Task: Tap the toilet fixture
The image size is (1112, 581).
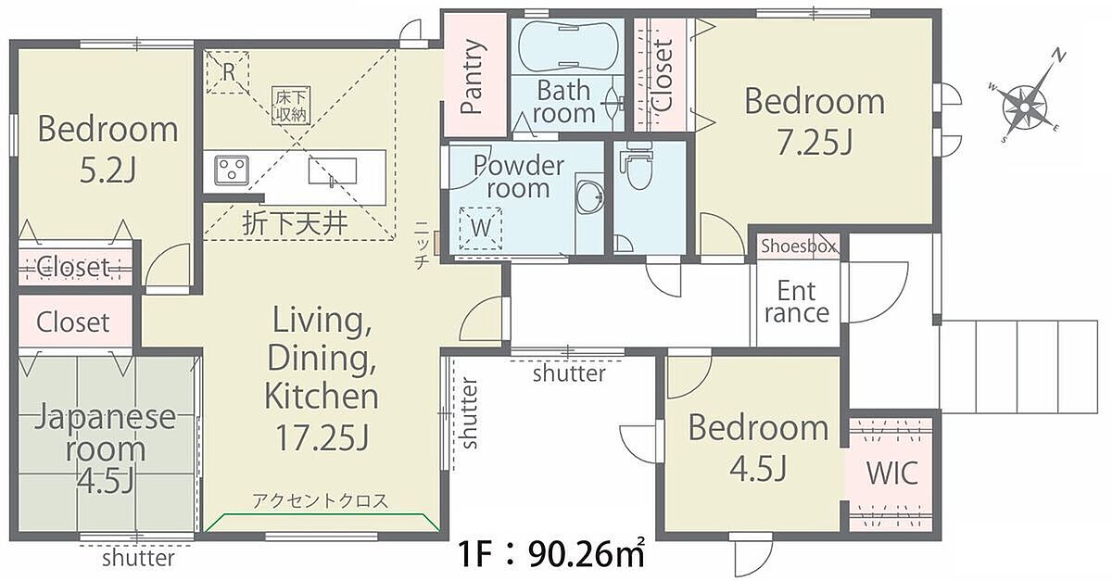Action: pyautogui.click(x=636, y=167)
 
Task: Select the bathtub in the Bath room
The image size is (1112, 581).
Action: pyautogui.click(x=567, y=45)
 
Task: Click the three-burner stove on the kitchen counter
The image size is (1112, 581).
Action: pyautogui.click(x=232, y=171)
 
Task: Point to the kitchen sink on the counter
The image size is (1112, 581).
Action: pyautogui.click(x=332, y=171)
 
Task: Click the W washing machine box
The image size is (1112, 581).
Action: pyautogui.click(x=481, y=229)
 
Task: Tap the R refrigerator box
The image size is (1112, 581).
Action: pyautogui.click(x=228, y=72)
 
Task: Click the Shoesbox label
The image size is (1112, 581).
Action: pyautogui.click(x=799, y=246)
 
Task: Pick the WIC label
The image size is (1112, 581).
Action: pyautogui.click(x=892, y=473)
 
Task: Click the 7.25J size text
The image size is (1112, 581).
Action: pyautogui.click(x=815, y=142)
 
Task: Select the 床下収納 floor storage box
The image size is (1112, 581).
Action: pyautogui.click(x=291, y=106)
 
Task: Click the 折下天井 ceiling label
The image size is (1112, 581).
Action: pyautogui.click(x=295, y=224)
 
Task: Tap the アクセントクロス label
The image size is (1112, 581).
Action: pyautogui.click(x=321, y=500)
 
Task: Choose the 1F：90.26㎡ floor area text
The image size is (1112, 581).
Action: pyautogui.click(x=551, y=554)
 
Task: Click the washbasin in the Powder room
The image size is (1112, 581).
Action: pyautogui.click(x=589, y=196)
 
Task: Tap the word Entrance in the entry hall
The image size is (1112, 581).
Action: pyautogui.click(x=797, y=302)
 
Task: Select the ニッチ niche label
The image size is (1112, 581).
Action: pyautogui.click(x=422, y=245)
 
